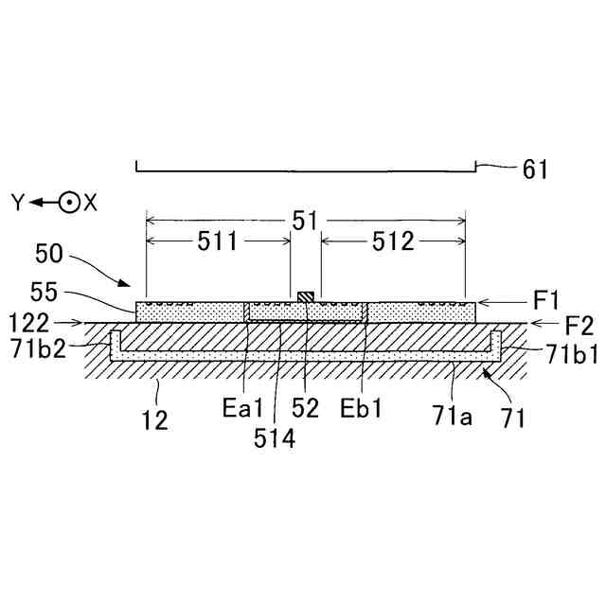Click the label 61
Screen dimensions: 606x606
(x=535, y=169)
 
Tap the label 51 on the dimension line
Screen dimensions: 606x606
(x=305, y=220)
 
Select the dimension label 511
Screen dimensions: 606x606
(x=218, y=242)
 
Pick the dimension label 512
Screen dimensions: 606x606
(x=393, y=242)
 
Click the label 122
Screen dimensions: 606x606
(x=28, y=323)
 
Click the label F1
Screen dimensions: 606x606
(x=546, y=302)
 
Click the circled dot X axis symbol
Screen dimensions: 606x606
(x=68, y=202)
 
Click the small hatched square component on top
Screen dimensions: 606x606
(x=304, y=298)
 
